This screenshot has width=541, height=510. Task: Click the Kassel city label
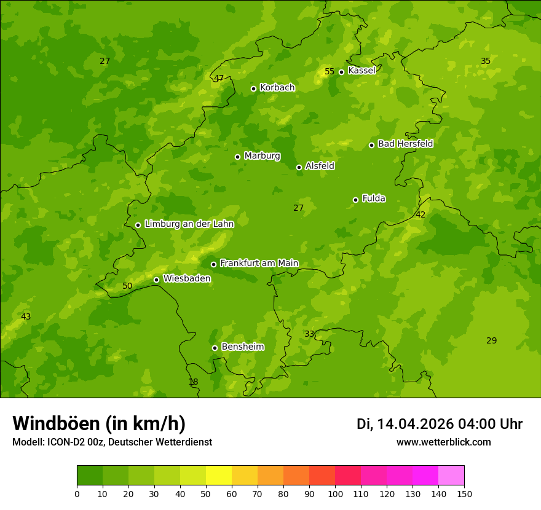point(361,71)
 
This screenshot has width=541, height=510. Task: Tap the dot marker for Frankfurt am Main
point(213,264)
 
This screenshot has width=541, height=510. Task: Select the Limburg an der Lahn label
point(189,224)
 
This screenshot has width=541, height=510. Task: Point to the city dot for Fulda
point(355,200)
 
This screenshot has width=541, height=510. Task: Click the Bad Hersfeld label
point(405,144)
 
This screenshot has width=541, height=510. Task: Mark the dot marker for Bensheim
point(215,348)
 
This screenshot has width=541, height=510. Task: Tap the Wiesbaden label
point(186,278)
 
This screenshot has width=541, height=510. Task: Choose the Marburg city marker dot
point(237,157)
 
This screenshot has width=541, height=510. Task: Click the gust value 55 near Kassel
point(330,71)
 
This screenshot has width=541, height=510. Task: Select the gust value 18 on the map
point(193,382)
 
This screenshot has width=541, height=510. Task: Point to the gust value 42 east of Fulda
point(421,214)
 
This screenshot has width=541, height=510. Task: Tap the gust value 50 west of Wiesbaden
point(127,286)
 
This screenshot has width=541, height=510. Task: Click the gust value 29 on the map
point(491,340)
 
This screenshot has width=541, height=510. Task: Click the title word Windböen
point(56,423)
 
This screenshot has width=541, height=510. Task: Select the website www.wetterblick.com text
point(443,442)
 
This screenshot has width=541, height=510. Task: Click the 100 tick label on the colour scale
point(335,493)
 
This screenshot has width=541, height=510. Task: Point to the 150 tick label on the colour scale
point(464,493)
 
